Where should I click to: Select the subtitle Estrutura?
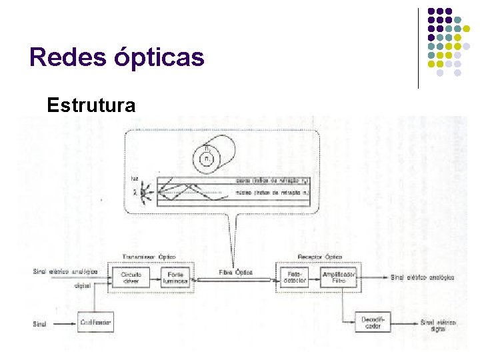pos(91,105)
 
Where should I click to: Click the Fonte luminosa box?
pos(175,277)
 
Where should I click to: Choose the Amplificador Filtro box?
pos(339,277)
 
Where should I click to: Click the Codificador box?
pos(96,323)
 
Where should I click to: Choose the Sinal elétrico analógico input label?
pos(65,271)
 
